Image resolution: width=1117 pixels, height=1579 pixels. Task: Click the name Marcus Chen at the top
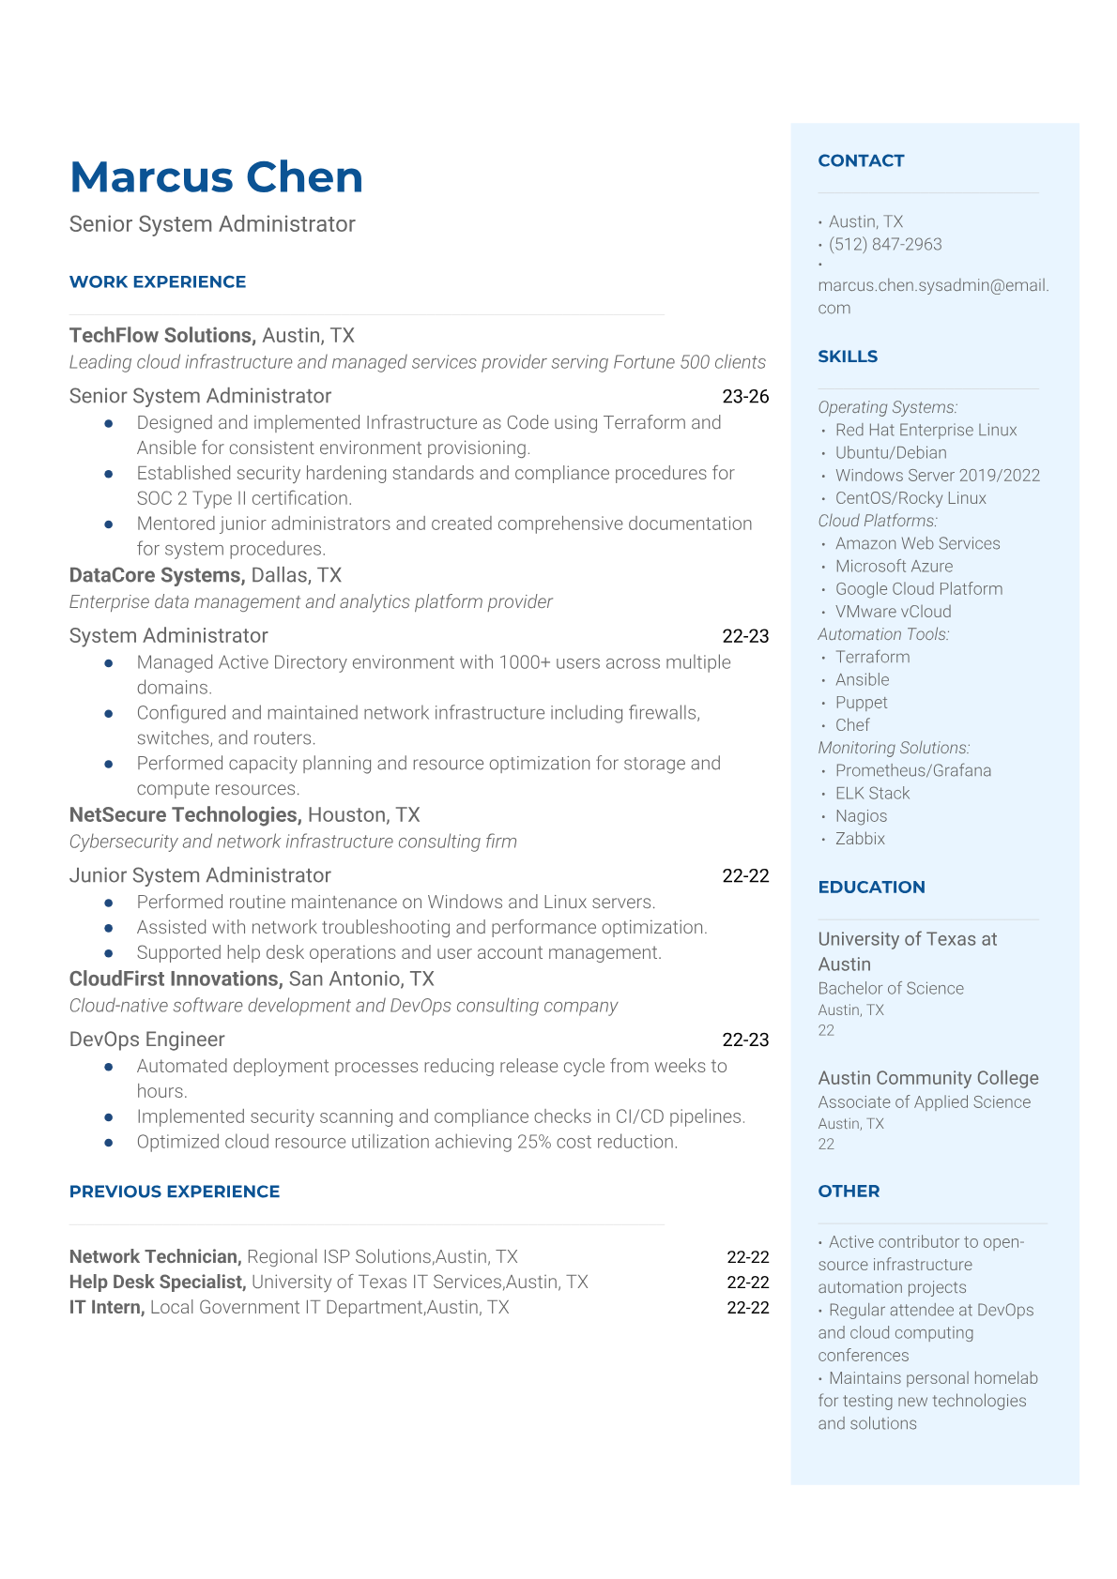click(216, 177)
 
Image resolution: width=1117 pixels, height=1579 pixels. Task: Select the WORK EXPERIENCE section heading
click(158, 281)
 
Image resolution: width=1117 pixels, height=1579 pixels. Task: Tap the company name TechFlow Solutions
click(161, 336)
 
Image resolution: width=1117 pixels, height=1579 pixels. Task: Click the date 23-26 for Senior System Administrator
click(745, 397)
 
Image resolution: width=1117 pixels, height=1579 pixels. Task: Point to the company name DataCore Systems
click(156, 575)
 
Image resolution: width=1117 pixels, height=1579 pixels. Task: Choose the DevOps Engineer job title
click(146, 1040)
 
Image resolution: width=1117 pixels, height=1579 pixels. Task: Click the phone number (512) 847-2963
click(885, 244)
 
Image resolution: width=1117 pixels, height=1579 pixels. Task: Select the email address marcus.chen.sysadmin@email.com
click(933, 296)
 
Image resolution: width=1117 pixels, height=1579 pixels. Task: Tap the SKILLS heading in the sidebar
click(848, 357)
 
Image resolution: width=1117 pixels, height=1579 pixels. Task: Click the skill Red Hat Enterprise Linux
click(926, 430)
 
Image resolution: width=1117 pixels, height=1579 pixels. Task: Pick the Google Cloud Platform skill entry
click(919, 589)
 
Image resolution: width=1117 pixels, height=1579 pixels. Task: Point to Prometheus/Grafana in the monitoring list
click(913, 770)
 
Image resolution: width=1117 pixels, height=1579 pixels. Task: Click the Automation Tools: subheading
click(883, 634)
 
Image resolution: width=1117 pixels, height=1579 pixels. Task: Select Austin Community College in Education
click(928, 1078)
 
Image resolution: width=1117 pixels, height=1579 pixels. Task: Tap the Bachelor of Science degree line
click(891, 988)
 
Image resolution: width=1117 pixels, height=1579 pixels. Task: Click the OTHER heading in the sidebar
click(849, 1191)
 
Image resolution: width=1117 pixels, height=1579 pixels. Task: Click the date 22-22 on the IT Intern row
click(747, 1307)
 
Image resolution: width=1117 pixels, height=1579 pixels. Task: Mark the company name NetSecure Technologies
click(184, 815)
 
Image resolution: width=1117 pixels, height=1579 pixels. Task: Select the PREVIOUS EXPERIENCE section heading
click(175, 1192)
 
